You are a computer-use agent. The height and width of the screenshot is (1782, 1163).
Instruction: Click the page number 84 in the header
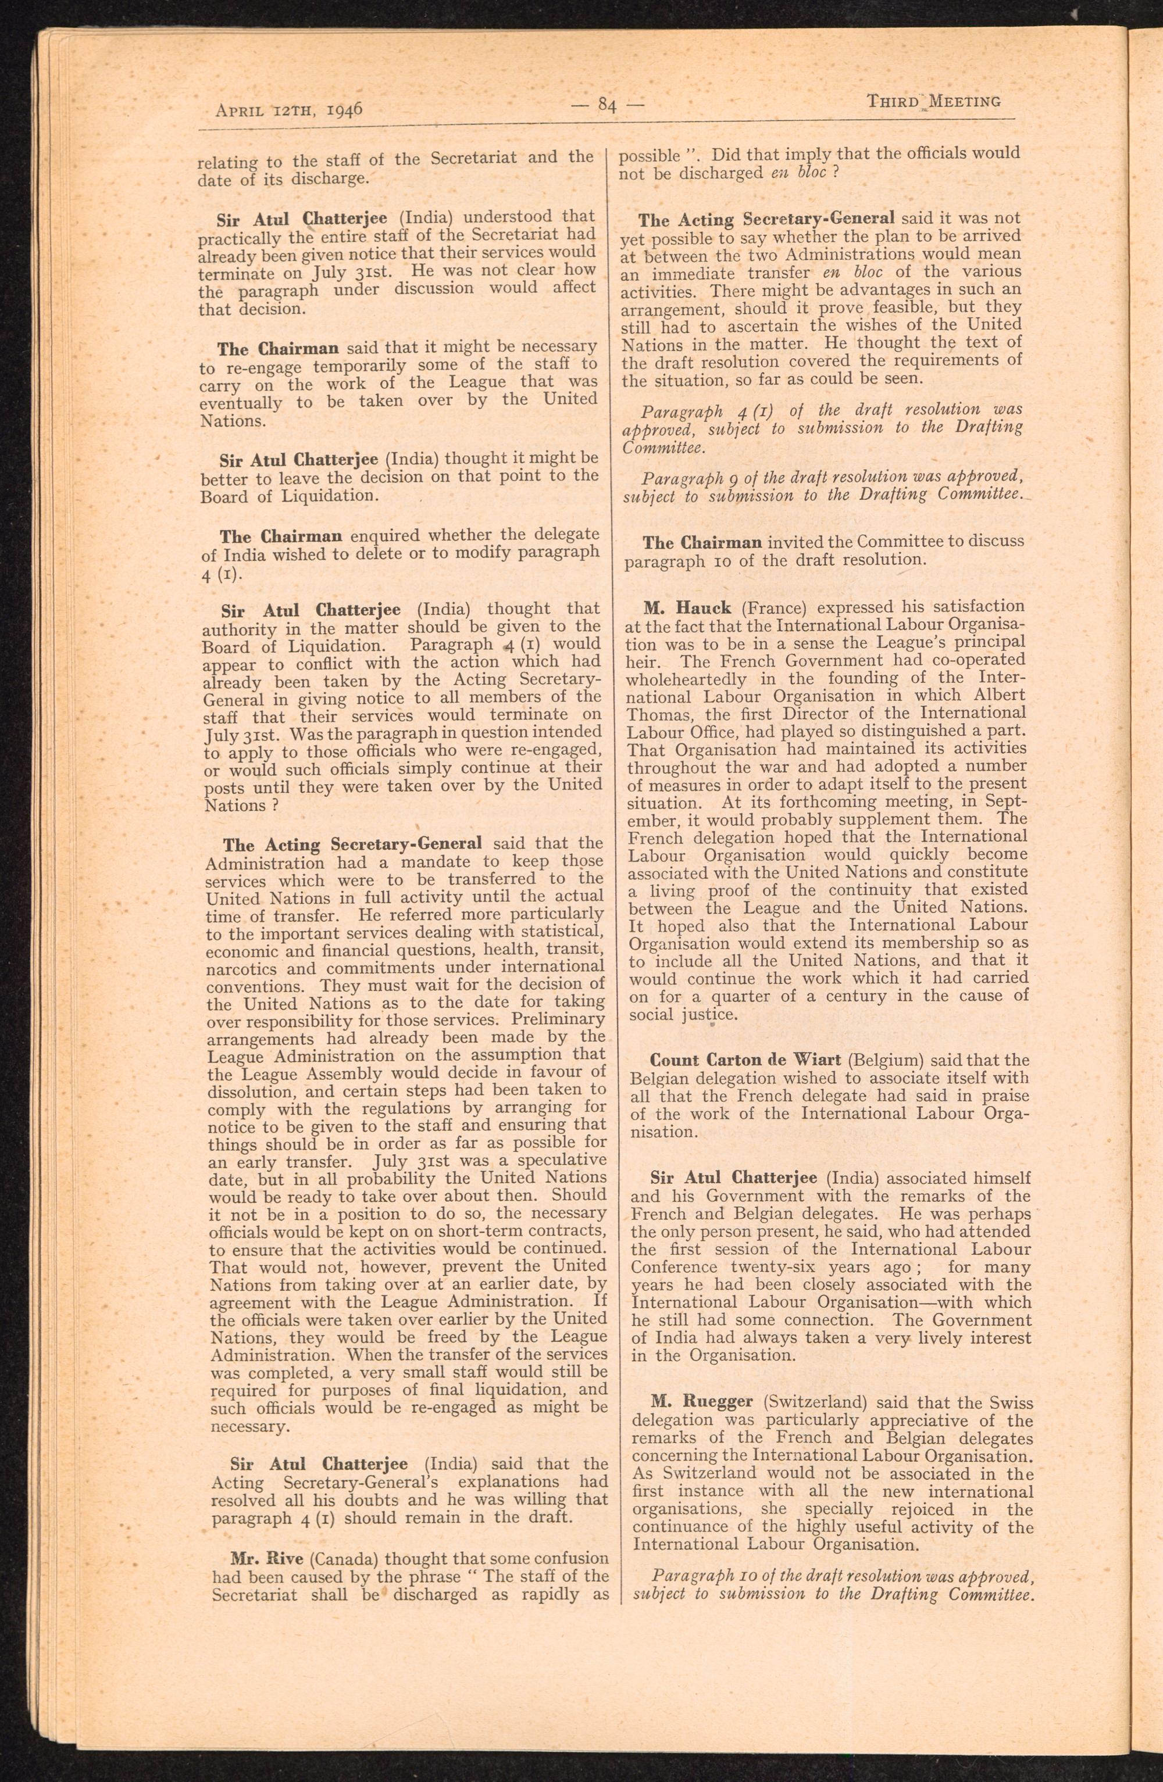[x=607, y=106]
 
